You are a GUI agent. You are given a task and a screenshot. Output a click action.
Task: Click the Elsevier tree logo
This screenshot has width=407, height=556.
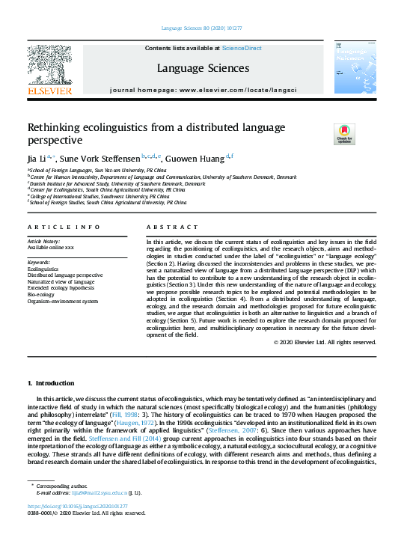(x=50, y=65)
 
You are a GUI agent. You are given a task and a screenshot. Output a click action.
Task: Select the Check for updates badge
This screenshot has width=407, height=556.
(x=344, y=135)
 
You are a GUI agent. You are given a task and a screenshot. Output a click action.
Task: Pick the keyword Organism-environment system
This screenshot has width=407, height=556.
(x=63, y=302)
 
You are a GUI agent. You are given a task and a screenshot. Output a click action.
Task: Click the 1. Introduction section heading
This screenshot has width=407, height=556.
(x=50, y=383)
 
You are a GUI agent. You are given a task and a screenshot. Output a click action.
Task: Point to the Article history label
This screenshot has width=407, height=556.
(x=45, y=242)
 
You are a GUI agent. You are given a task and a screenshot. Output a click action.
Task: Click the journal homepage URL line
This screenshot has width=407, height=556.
(x=203, y=89)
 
